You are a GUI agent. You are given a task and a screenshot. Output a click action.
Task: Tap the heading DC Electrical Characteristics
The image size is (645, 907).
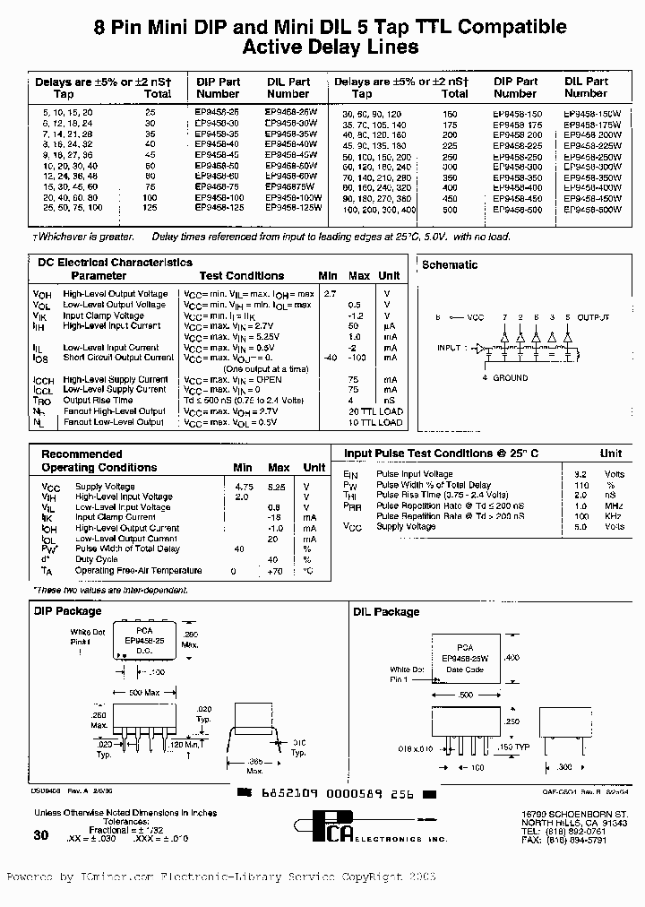115,263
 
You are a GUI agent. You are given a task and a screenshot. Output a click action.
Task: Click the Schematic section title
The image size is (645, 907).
450,265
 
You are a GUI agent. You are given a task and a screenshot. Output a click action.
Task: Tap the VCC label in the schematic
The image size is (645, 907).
476,317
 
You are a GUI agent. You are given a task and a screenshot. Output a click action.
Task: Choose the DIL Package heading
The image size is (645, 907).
385,611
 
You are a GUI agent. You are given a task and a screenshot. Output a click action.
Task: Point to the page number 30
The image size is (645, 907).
41,834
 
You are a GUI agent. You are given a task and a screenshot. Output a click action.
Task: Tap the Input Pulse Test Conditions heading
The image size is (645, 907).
441,453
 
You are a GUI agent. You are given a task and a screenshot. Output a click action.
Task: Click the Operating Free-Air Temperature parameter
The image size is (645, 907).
139,571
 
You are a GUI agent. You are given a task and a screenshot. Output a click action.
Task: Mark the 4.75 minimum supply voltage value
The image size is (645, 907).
242,486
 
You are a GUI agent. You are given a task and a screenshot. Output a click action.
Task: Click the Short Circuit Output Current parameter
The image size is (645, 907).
112,358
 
